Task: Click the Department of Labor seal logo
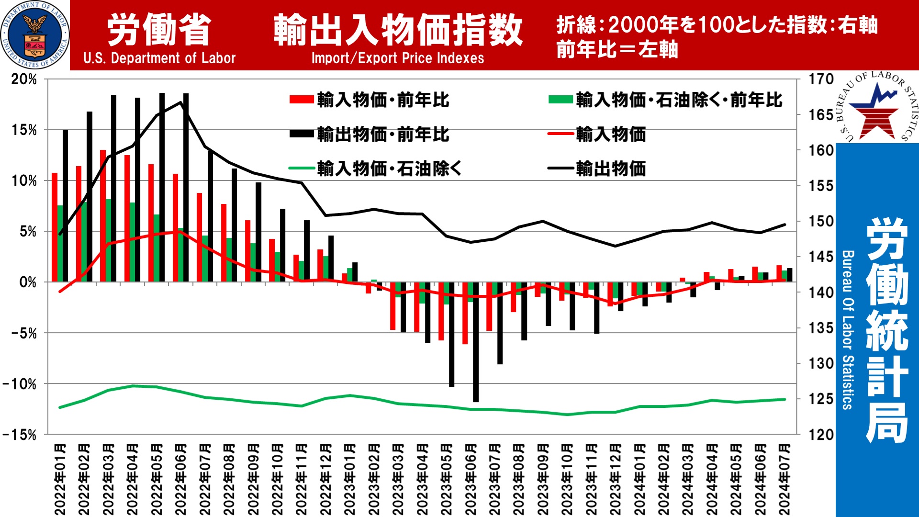[35, 35]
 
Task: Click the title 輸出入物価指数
[398, 30]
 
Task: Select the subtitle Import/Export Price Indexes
[397, 58]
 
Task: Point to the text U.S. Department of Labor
[159, 58]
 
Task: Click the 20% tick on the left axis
[24, 79]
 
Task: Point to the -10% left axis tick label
[20, 384]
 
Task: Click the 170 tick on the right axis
[821, 79]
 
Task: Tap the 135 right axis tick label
[821, 328]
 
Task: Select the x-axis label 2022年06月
[180, 479]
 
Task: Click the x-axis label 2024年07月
[785, 479]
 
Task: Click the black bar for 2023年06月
[475, 342]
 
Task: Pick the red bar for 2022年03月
[103, 215]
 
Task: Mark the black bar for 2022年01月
[65, 206]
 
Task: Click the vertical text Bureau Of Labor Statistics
[847, 330]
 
